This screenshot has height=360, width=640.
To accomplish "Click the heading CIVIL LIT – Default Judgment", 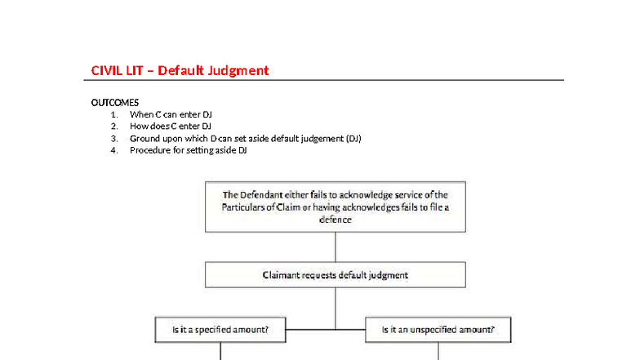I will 180,70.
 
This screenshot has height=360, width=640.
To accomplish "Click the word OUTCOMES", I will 114,103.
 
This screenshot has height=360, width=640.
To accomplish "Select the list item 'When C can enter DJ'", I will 171,114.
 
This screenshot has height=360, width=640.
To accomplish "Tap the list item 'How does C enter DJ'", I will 171,127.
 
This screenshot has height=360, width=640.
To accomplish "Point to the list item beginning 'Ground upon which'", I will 245,139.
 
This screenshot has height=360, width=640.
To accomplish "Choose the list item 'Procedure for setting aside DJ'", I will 188,150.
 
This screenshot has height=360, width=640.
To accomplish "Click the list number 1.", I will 114,114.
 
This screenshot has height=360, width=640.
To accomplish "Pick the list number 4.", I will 114,150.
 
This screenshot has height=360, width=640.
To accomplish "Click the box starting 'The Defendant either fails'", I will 336,207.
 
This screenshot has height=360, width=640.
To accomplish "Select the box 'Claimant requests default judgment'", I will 336,275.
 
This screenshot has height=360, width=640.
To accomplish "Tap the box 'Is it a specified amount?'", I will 220,331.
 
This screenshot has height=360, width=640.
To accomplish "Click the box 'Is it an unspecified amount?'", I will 439,331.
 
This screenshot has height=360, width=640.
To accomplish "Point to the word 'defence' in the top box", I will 336,220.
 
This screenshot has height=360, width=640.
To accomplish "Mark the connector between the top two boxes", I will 336,247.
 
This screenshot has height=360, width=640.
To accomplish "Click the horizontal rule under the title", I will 327,80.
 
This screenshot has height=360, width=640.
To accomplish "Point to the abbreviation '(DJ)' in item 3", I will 353,139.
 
